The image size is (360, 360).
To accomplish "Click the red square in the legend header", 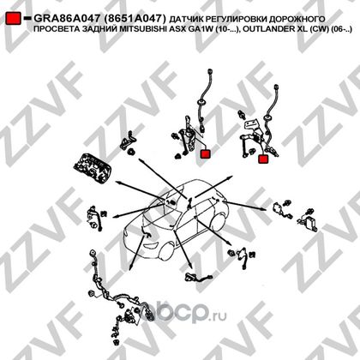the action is (x=13, y=18).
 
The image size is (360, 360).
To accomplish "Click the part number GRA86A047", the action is (x=67, y=19).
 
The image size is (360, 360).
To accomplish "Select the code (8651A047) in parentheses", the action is (x=135, y=19).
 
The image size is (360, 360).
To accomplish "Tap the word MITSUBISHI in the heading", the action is (x=136, y=29).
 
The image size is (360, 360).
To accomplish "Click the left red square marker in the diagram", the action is (x=205, y=153).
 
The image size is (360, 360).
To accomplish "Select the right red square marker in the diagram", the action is (x=263, y=159).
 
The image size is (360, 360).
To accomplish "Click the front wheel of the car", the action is (x=166, y=252).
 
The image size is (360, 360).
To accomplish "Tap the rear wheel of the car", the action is (x=219, y=223).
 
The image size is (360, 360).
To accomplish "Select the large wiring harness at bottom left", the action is (x=118, y=298).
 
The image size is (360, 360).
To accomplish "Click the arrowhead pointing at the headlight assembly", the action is (x=117, y=182).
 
